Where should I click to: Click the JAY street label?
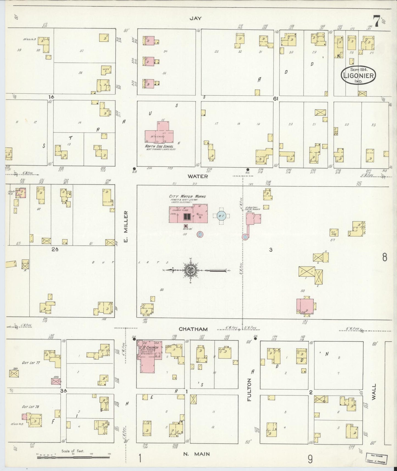pos(195,18)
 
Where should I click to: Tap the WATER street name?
pos(198,176)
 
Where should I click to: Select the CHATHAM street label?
pos(193,329)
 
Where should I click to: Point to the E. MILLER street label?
pos(126,227)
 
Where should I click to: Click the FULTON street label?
pos(249,389)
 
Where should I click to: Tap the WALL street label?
pos(374,393)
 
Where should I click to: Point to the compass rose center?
pos(191,271)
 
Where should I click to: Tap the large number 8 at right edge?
pos(384,257)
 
